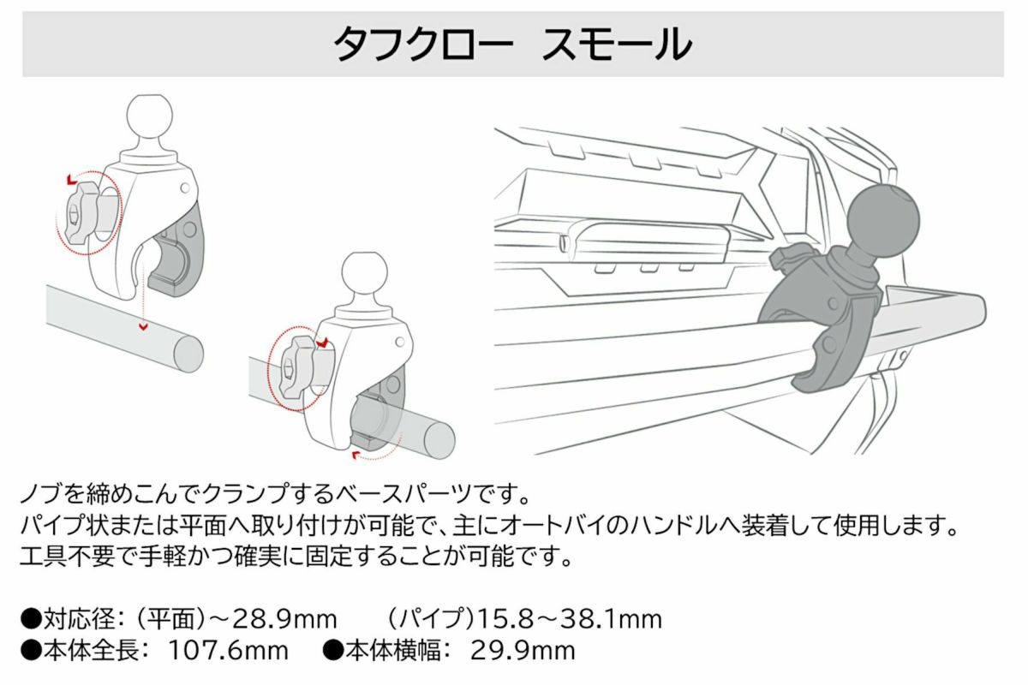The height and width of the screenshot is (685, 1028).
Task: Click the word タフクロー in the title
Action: click(422, 44)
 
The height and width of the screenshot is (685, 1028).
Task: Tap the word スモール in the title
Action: click(617, 44)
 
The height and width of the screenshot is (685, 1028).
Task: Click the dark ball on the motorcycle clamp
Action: click(882, 221)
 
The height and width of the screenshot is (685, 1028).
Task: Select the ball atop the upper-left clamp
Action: click(150, 116)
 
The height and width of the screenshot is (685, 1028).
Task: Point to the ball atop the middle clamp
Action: click(365, 274)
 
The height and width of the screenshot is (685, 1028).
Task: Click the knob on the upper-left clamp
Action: click(82, 217)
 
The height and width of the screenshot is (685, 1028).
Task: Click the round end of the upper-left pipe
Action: click(188, 354)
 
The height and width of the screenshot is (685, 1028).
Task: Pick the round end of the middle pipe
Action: click(439, 439)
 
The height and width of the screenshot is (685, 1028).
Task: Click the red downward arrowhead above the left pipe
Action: click(144, 327)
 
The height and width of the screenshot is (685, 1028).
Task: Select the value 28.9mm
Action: click(285, 619)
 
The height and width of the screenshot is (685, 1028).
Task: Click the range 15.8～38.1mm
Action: click(569, 619)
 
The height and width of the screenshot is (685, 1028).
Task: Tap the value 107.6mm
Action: click(229, 651)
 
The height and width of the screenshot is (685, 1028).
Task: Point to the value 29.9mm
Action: click(523, 651)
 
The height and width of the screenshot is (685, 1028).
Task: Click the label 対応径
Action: click(80, 619)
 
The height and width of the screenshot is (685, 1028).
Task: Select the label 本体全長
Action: click(92, 651)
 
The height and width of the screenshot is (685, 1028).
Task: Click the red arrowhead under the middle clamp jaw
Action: click(356, 454)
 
